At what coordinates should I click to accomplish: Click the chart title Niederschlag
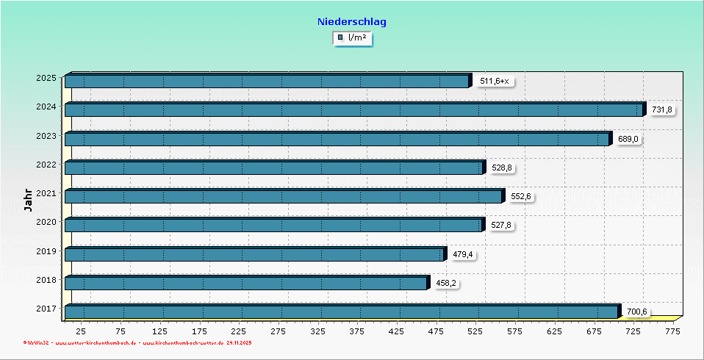[352, 22]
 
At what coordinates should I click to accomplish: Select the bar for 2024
[353, 109]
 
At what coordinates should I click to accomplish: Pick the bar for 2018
[245, 283]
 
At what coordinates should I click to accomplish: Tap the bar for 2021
[283, 196]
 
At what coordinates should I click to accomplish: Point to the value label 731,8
[662, 110]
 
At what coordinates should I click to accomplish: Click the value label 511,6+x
[494, 81]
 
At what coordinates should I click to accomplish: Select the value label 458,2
[447, 283]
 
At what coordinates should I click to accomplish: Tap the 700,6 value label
[637, 312]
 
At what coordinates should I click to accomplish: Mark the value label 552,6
[520, 196]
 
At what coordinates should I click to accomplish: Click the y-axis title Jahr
[28, 200]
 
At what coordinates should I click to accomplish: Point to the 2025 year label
[46, 77]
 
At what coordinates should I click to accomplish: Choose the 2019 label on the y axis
[46, 251]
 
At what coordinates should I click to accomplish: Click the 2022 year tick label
[46, 164]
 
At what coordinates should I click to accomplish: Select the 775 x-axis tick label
[672, 332]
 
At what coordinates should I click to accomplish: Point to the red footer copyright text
[137, 343]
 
